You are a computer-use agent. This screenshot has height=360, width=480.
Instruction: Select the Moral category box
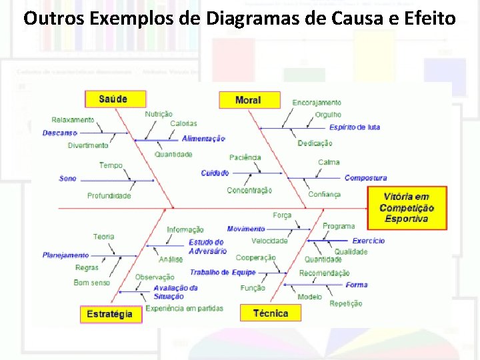point(248,100)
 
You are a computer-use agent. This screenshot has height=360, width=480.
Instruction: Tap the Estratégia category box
point(111,313)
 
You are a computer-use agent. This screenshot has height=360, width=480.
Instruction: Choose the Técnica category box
point(271,313)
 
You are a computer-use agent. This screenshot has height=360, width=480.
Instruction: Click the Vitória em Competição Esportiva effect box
point(407,207)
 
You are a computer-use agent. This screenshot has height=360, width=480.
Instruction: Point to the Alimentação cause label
point(203,139)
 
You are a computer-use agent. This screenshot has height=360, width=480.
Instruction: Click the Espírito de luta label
point(355,127)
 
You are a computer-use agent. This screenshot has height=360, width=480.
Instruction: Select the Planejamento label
point(65,255)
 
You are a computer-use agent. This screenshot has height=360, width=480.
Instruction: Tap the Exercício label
point(369,241)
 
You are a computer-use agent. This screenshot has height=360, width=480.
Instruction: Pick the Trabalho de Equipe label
point(223,272)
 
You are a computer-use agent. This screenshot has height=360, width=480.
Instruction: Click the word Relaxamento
point(73,120)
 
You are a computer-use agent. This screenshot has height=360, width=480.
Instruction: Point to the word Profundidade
point(109,196)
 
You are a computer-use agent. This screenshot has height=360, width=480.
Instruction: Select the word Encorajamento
point(317,103)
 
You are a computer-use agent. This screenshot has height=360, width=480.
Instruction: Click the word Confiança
point(324,195)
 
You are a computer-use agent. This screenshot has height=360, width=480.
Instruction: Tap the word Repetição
point(346,303)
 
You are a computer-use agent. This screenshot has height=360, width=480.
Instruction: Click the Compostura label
point(365,178)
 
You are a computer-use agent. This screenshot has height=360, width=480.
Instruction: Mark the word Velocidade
point(269,241)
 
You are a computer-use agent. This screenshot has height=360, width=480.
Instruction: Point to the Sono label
point(67,179)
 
